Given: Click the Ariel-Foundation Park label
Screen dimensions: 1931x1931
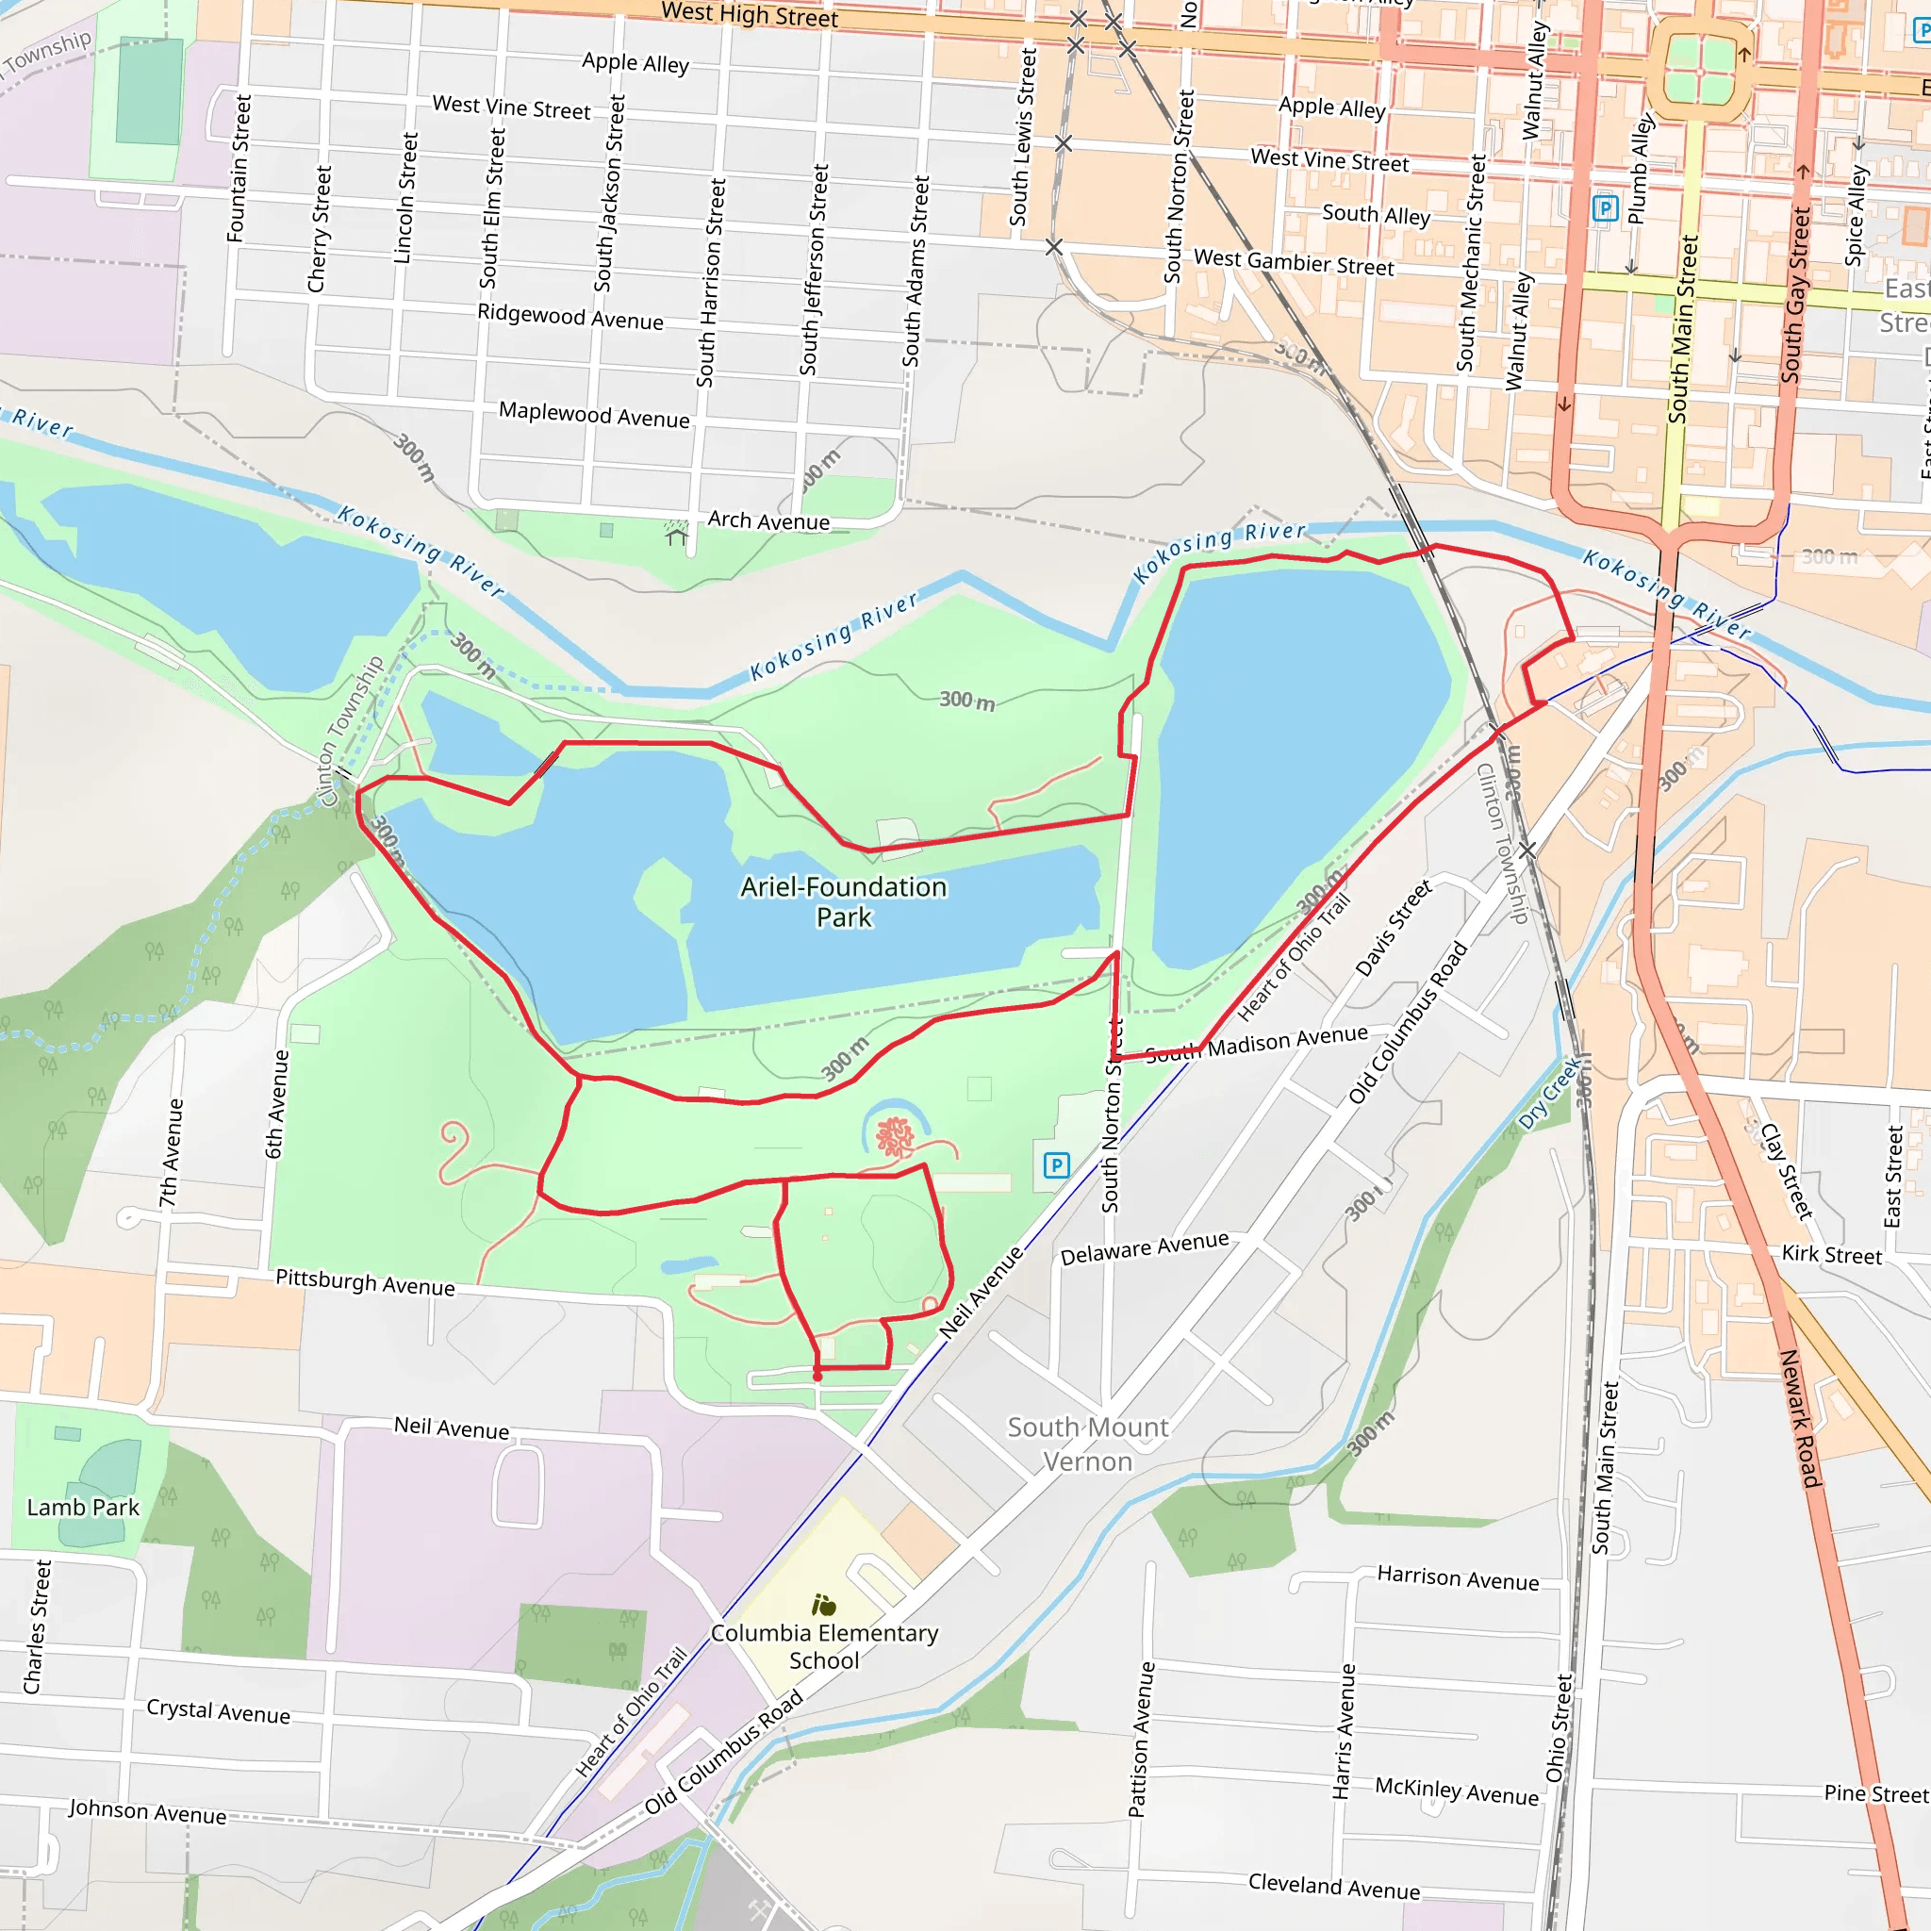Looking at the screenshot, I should (x=843, y=901).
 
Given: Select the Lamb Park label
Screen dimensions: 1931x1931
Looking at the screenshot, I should (x=83, y=1508).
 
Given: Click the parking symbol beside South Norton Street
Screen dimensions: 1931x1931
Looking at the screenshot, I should (x=1056, y=1164).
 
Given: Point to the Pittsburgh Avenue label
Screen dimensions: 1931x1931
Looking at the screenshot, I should (x=365, y=1282).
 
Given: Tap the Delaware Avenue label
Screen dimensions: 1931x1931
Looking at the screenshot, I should (x=1145, y=1248).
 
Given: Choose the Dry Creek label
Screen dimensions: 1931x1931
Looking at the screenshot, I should (x=1549, y=1095).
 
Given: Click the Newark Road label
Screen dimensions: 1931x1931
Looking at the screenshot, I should (x=1801, y=1418).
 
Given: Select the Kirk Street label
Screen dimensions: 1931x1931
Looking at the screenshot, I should (x=1831, y=1255).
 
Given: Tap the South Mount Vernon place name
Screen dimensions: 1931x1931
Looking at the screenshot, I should (x=1087, y=1444).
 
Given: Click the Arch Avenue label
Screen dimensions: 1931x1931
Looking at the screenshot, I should (x=767, y=520).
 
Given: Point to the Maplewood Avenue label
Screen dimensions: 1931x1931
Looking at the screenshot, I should (x=594, y=415).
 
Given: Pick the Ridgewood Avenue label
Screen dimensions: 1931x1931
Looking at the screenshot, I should (x=569, y=317).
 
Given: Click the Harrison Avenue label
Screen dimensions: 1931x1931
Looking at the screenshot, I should (x=1458, y=1578).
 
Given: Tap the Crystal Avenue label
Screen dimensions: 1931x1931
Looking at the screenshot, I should (x=218, y=1711).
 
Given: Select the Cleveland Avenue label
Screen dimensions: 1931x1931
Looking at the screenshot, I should (x=1333, y=1887).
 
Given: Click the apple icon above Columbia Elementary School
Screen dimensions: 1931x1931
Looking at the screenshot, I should (x=823, y=1606).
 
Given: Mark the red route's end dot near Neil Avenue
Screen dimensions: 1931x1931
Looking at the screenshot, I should (x=817, y=1377).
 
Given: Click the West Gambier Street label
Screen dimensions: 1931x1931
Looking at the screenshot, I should (x=1294, y=263).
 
